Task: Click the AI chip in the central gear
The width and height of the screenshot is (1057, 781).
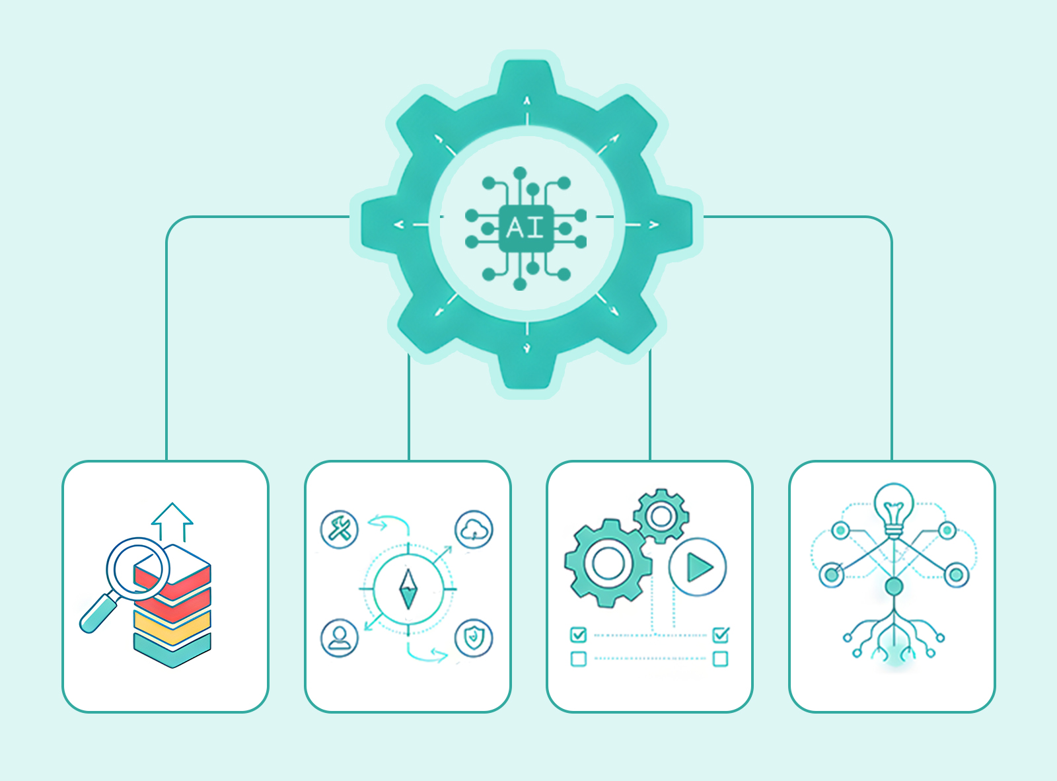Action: click(526, 228)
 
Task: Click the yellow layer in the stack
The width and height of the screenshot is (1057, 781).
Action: click(172, 625)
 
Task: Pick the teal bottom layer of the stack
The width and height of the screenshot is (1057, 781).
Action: click(172, 649)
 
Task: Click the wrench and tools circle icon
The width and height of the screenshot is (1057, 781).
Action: click(339, 529)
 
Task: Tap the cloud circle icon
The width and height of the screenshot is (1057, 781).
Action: click(474, 529)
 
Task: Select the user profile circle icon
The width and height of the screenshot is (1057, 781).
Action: click(339, 637)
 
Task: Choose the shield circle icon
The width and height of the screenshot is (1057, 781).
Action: click(474, 638)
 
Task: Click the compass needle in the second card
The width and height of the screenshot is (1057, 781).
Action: click(408, 589)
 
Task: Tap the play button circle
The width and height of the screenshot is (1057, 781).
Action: click(697, 567)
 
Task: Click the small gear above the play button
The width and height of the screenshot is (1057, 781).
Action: click(661, 516)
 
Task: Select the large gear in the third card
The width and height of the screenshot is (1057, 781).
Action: click(607, 563)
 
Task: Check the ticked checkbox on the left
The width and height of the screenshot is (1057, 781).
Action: click(578, 635)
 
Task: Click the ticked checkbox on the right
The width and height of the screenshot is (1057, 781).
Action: click(721, 635)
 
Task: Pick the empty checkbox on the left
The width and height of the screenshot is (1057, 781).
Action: click(578, 659)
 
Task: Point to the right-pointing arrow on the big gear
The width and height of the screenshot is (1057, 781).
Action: click(653, 225)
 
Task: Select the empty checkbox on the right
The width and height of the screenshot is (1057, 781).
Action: click(721, 659)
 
